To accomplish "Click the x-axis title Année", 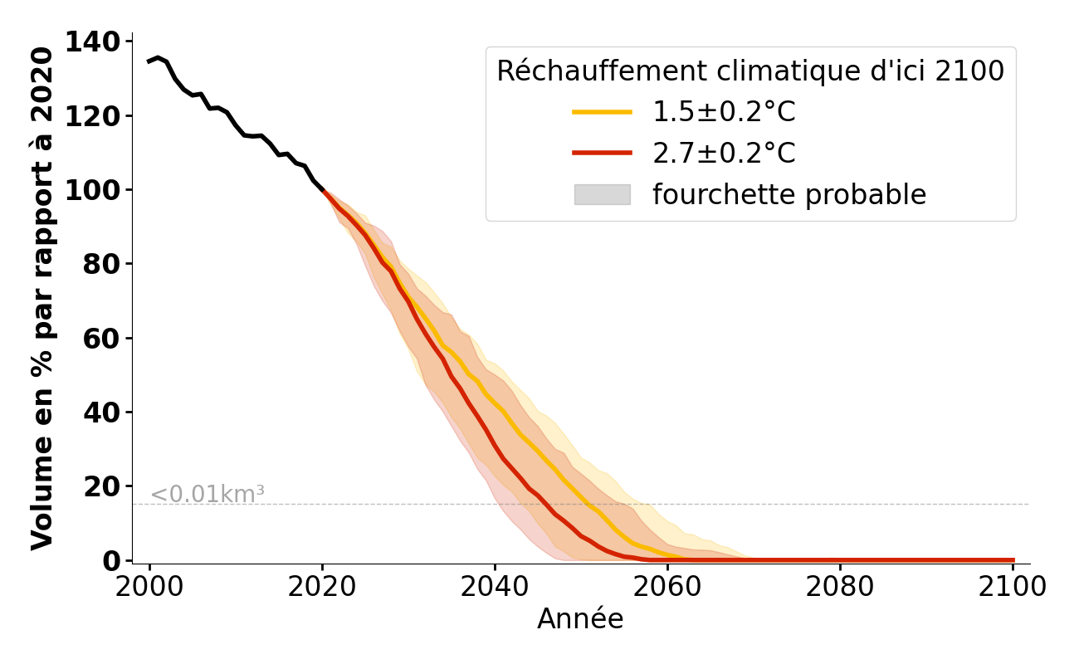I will pyautogui.click(x=580, y=619).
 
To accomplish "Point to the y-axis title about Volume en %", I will pyautogui.click(x=42, y=299).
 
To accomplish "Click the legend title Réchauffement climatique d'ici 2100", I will pyautogui.click(x=750, y=71).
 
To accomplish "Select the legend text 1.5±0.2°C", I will pyautogui.click(x=724, y=112).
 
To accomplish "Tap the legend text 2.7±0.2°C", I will pyautogui.click(x=724, y=154).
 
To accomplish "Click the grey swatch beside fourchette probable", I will pyautogui.click(x=602, y=194).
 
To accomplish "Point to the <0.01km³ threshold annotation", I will pyautogui.click(x=207, y=495).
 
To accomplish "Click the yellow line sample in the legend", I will pyautogui.click(x=602, y=112).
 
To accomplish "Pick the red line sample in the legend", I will pyautogui.click(x=602, y=154).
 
